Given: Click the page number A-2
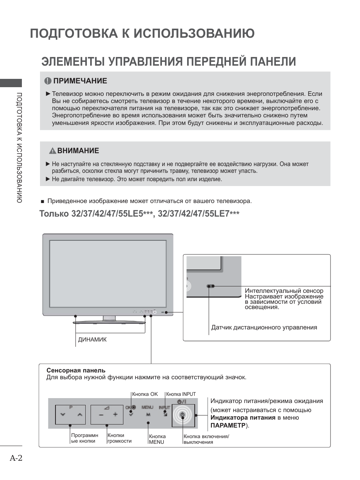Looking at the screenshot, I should click(x=16, y=458).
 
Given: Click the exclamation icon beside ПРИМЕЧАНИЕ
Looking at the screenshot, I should click(x=48, y=81).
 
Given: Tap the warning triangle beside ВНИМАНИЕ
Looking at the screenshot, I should click(x=52, y=151).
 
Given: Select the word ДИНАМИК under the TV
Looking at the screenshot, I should click(x=92, y=340).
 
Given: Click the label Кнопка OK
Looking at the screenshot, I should click(x=145, y=394).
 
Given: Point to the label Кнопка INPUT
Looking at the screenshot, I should click(x=181, y=394).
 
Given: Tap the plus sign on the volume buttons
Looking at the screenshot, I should click(x=115, y=414).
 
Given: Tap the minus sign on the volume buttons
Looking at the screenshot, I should click(x=101, y=415).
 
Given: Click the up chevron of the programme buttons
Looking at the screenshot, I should click(x=79, y=414).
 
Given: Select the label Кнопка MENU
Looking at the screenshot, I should click(x=157, y=439).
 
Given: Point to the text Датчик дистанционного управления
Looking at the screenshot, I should click(x=264, y=328).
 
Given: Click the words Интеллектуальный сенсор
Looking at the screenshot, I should click(x=284, y=291).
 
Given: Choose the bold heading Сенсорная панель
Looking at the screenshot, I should click(x=76, y=371).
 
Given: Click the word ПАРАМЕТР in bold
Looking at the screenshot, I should click(x=228, y=426).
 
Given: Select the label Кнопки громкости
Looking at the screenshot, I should click(x=119, y=438).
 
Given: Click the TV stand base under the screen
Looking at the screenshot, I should click(x=109, y=322).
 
